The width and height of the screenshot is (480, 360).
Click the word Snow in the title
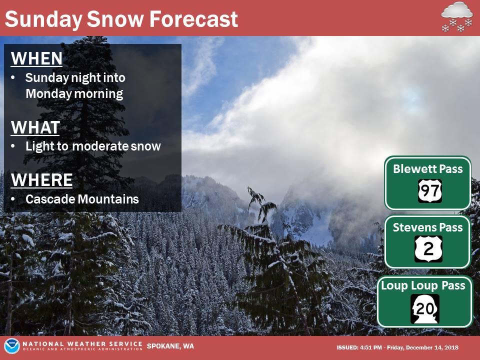click(115, 19)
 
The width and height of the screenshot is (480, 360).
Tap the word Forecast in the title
click(193, 19)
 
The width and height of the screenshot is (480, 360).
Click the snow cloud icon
click(457, 17)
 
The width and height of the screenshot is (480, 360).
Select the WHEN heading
click(36, 58)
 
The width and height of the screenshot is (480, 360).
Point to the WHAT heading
click(35, 127)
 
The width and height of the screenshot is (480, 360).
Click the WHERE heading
click(41, 179)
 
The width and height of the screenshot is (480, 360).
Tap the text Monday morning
click(74, 93)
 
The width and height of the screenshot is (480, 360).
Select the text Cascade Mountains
click(82, 199)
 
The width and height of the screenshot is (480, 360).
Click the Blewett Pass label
click(427, 169)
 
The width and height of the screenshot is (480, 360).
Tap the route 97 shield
click(430, 191)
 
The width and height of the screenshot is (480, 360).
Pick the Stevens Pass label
click(427, 227)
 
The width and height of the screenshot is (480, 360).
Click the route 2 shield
click(428, 249)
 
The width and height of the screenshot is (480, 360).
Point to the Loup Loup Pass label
click(423, 285)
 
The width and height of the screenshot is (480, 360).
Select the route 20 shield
click(425, 309)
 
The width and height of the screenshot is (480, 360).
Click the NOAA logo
click(11, 346)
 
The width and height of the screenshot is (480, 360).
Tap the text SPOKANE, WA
click(170, 346)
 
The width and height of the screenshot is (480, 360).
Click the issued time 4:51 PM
click(370, 347)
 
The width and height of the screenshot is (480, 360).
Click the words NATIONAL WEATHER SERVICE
click(82, 344)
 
